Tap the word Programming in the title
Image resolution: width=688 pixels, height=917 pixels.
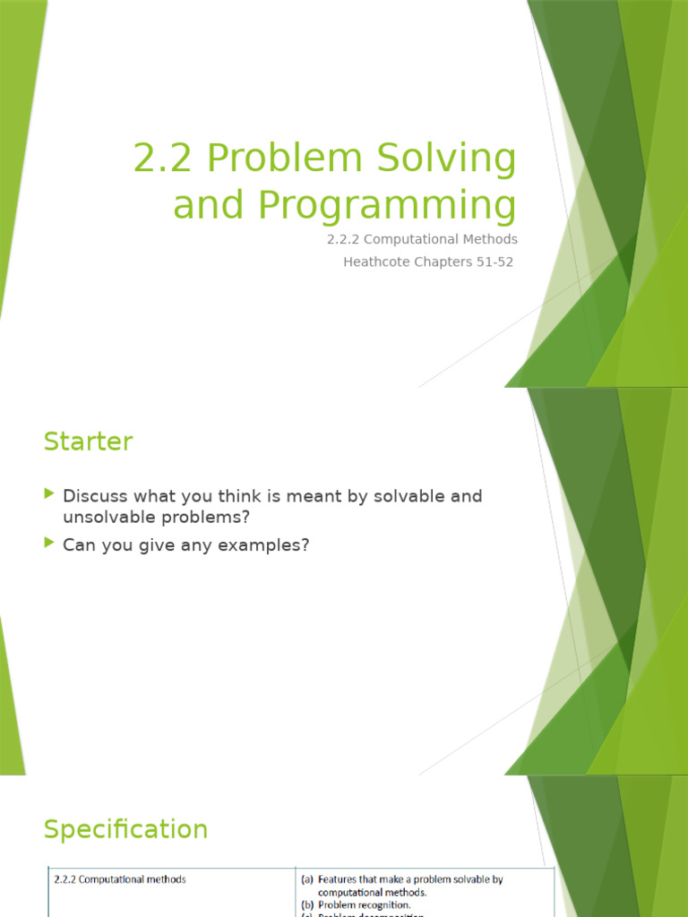(387, 204)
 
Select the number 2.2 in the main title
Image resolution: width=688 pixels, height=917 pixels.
(164, 159)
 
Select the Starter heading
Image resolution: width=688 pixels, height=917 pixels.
(88, 441)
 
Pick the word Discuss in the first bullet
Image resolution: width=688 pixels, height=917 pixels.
(94, 496)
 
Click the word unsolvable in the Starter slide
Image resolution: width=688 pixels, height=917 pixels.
(108, 518)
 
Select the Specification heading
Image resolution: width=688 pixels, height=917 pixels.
(125, 829)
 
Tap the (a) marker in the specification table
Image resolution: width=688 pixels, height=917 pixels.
(306, 879)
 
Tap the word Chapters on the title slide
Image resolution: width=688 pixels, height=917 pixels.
(431, 262)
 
